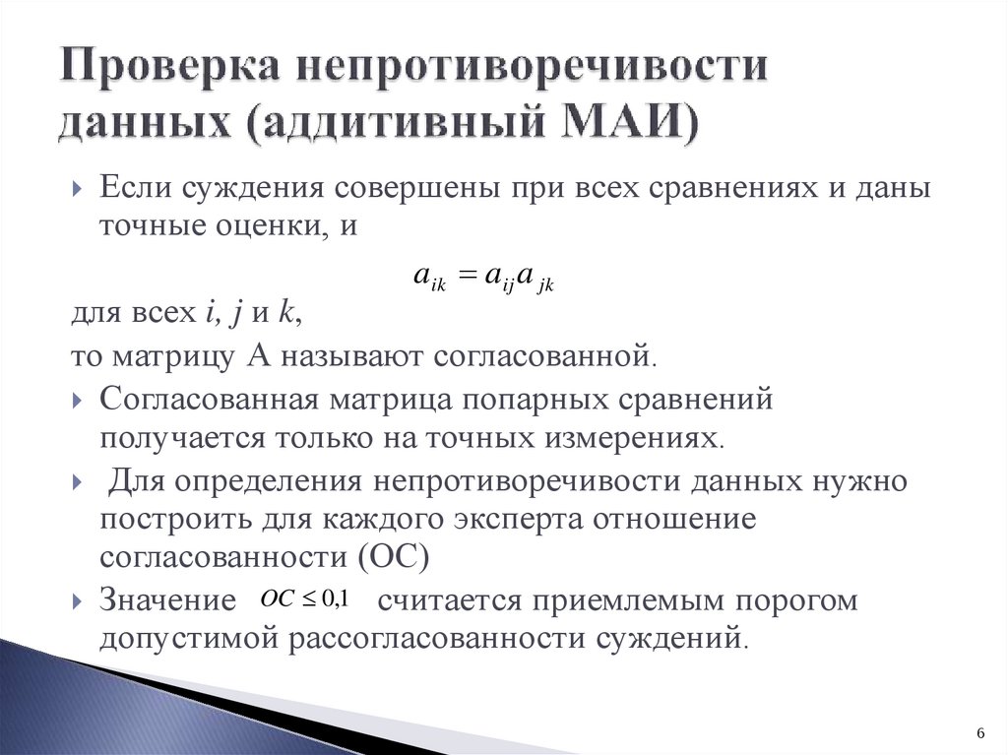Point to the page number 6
click(980, 732)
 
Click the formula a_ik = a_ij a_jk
click(485, 280)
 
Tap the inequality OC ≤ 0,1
click(306, 598)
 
